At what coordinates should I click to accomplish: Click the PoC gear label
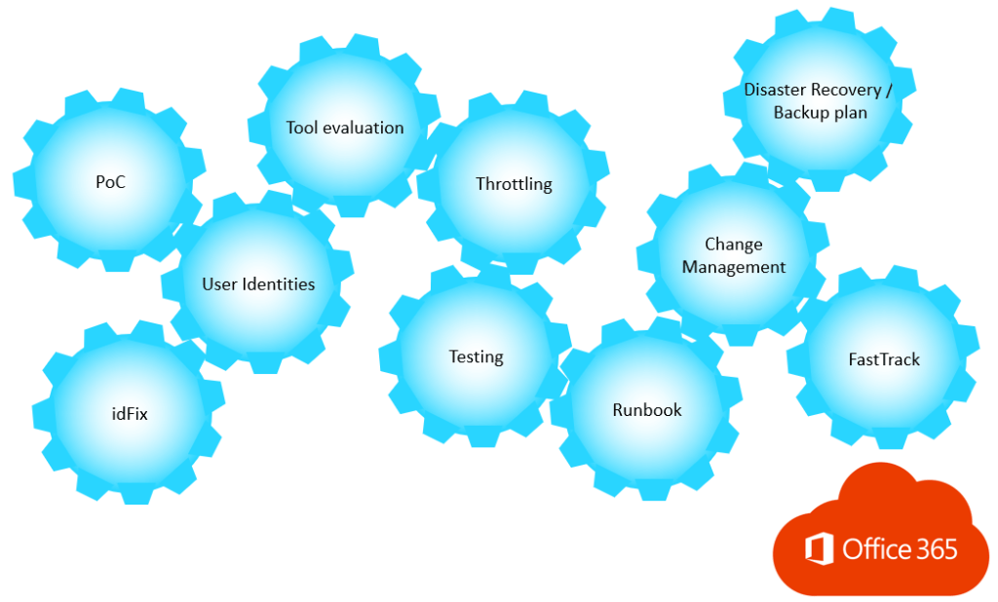(110, 182)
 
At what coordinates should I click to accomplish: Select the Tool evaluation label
(344, 128)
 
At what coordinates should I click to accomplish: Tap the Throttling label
(514, 184)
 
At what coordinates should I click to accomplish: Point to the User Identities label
(258, 284)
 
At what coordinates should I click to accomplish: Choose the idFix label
(130, 413)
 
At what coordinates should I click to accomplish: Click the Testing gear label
(476, 357)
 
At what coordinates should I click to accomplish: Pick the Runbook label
(647, 410)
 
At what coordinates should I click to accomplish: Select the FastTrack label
(884, 359)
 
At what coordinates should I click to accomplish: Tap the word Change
(734, 245)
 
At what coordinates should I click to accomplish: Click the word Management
(734, 267)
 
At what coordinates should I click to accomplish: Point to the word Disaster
(775, 90)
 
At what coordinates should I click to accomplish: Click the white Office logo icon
(819, 548)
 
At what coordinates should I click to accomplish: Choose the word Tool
(301, 128)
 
